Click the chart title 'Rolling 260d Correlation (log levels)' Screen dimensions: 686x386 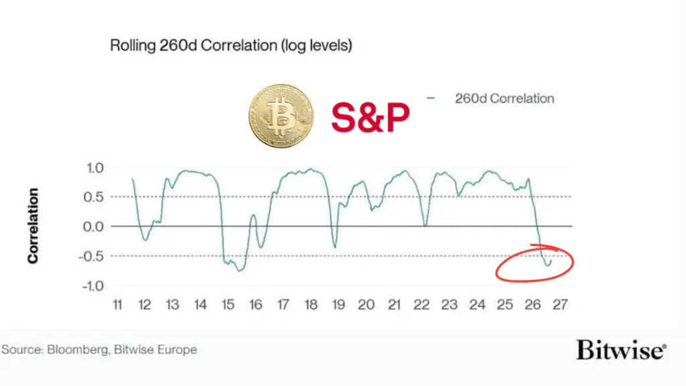tap(231, 46)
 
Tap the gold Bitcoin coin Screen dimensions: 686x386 tap(281, 116)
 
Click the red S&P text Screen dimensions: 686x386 tap(370, 117)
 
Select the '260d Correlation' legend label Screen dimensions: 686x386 tap(504, 99)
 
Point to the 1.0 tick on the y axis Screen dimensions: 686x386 tap(95, 168)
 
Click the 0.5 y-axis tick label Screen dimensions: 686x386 tap(94, 197)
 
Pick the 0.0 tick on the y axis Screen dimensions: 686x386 tap(94, 227)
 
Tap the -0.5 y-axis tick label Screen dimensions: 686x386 tap(91, 256)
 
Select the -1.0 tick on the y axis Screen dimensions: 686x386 tap(92, 285)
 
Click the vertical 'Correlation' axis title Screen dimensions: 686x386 tap(33, 226)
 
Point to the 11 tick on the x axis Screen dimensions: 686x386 tap(117, 305)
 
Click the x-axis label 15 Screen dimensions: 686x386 tap(228, 305)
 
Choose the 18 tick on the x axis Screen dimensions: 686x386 tap(311, 305)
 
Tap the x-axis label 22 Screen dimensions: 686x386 tap(421, 305)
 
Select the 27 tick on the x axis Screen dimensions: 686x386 tap(560, 305)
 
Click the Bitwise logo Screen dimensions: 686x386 tap(621, 350)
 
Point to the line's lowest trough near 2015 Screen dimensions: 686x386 tap(239, 271)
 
